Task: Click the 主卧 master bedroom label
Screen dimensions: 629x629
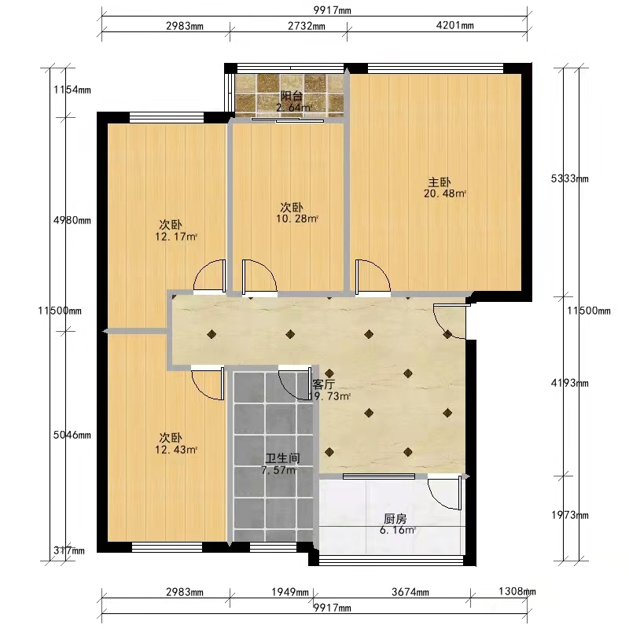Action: pos(440,182)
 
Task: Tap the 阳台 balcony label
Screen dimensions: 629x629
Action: pos(291,96)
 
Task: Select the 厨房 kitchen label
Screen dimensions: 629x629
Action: pos(395,519)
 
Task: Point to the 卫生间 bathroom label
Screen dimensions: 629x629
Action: pos(283,458)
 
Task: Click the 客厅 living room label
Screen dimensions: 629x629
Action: pos(324,384)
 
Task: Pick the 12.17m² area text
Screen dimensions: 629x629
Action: pos(176,237)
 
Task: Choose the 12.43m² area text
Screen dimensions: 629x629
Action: pos(176,450)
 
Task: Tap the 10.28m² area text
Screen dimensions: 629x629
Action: pos(297,219)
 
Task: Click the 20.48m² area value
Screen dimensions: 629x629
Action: pos(445,193)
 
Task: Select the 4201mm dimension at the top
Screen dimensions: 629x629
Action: pos(455,25)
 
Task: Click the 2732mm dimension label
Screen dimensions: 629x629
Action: pos(307,26)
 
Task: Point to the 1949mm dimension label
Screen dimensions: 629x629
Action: pos(290,592)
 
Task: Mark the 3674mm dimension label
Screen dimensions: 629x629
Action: pos(410,592)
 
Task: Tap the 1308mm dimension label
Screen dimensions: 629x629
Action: pos(517,591)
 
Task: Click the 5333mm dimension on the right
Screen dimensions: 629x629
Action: pos(569,178)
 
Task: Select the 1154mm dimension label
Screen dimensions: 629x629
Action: pos(72,90)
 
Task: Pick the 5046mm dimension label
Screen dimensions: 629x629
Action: pos(72,435)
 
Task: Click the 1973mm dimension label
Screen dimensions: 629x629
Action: pos(569,515)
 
